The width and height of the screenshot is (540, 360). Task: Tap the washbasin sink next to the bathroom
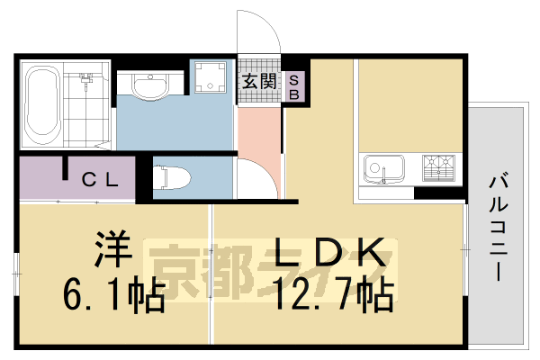point(148,85)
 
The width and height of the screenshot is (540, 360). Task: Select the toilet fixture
point(172,176)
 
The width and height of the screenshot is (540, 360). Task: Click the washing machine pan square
point(211,76)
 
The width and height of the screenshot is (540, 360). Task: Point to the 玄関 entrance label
point(258,81)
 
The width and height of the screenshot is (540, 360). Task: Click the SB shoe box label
point(293,86)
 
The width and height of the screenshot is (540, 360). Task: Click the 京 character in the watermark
point(175,268)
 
